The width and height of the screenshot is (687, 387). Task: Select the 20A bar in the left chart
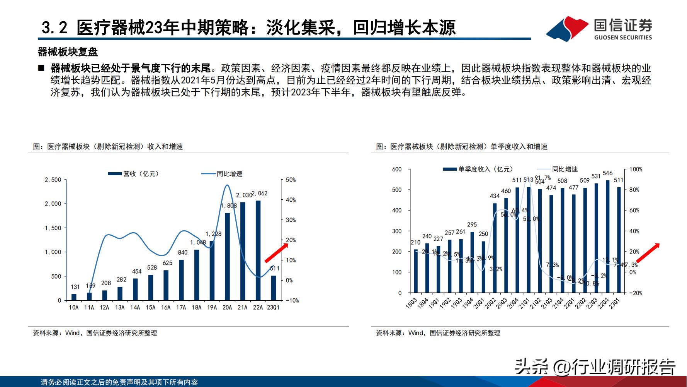pyautogui.click(x=227, y=256)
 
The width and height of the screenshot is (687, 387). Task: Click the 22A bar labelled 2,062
pyautogui.click(x=258, y=250)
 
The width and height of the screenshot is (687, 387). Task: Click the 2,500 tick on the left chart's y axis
pyautogui.click(x=53, y=180)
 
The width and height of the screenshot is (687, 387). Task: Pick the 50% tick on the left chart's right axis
pyautogui.click(x=291, y=180)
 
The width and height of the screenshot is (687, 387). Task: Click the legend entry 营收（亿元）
pyautogui.click(x=134, y=174)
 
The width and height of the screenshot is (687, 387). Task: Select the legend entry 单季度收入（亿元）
pyautogui.click(x=478, y=170)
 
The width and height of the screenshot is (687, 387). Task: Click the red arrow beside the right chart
pyautogui.click(x=648, y=253)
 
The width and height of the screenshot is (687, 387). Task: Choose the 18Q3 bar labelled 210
pyautogui.click(x=416, y=271)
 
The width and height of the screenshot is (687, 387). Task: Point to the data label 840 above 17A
pyautogui.click(x=182, y=252)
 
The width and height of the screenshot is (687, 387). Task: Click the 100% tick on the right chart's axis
pyautogui.click(x=636, y=170)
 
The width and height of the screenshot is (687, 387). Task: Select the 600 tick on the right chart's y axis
pyautogui.click(x=397, y=170)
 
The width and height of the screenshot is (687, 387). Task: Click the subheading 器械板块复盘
pyautogui.click(x=68, y=52)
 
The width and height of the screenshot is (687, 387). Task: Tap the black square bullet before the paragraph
pyautogui.click(x=41, y=68)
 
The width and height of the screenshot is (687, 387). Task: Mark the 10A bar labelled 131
pyautogui.click(x=74, y=297)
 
